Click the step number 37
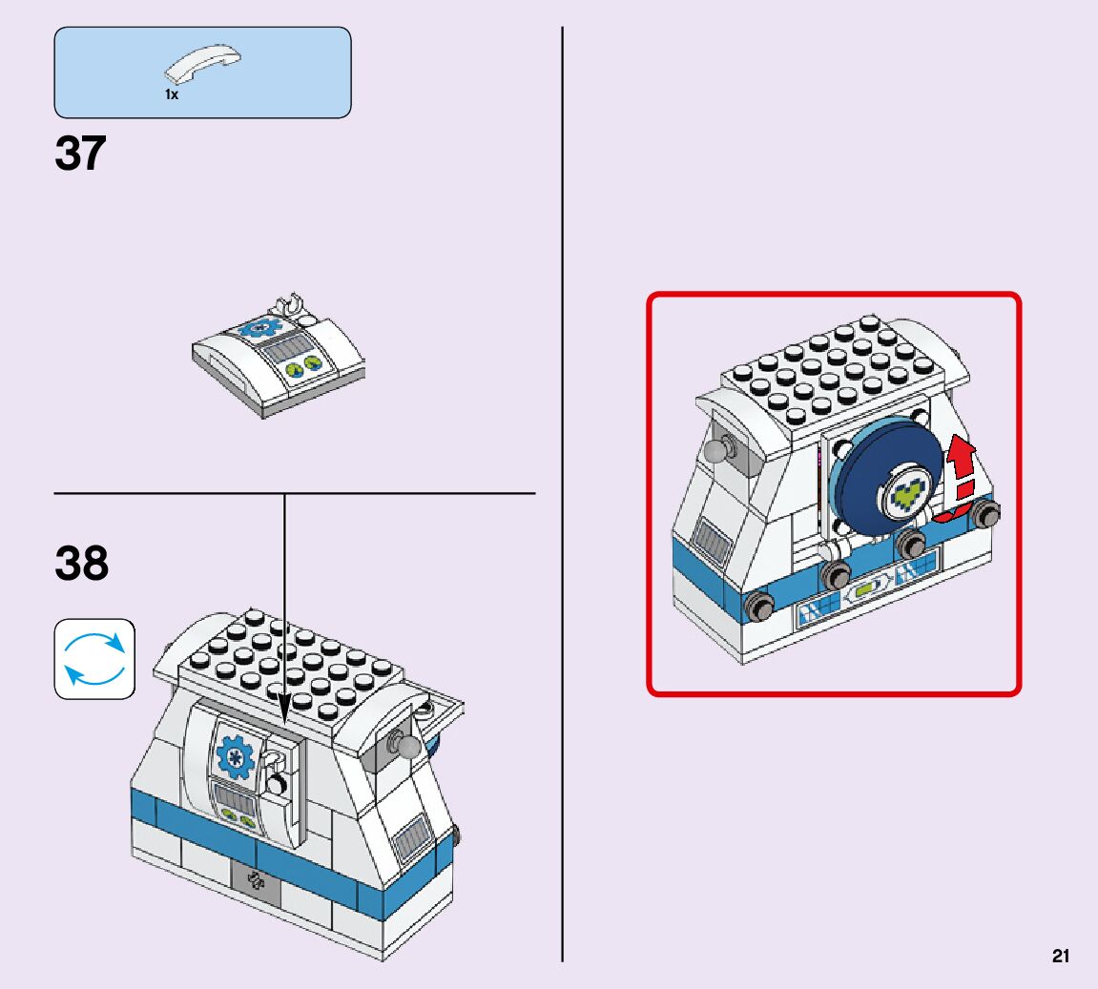(x=81, y=155)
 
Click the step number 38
(x=82, y=564)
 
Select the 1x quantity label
(x=172, y=95)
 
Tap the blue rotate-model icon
(x=94, y=659)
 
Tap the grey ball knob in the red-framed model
(x=715, y=449)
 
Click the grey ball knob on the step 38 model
(x=409, y=747)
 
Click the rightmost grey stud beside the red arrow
(x=985, y=515)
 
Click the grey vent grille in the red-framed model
(x=712, y=544)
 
